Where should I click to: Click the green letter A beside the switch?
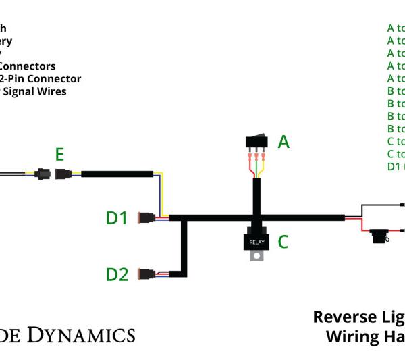283,142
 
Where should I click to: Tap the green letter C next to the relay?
283,241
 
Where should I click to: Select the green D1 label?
117,218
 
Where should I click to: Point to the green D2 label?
117,274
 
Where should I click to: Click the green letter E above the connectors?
59,155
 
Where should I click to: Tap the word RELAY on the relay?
257,242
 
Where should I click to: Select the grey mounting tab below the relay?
257,256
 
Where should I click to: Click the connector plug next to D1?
146,218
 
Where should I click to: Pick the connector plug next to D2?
146,274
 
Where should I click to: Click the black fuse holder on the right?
380,236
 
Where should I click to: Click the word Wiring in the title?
350,336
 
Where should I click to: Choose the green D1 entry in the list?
394,167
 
